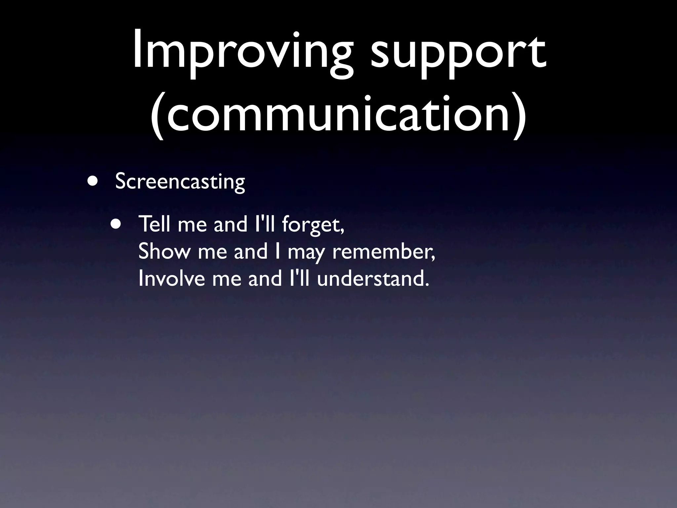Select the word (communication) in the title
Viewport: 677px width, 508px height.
[x=338, y=114]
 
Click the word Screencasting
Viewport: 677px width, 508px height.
[x=180, y=182]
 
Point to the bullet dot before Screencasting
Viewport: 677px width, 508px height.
[x=93, y=181]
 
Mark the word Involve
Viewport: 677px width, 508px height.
[x=172, y=278]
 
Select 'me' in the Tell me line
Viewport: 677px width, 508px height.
[x=192, y=225]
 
